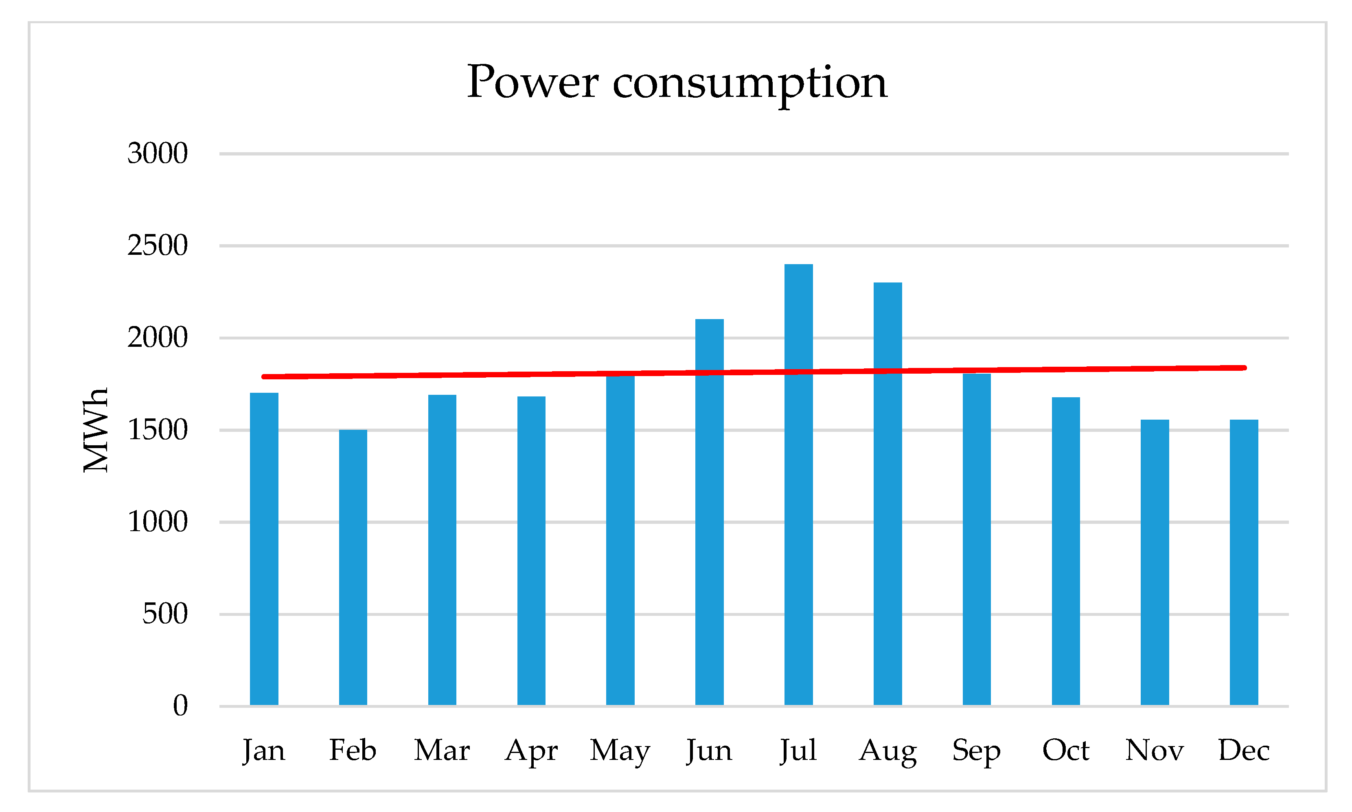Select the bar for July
coord(798,492)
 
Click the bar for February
coord(353,569)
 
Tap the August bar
coord(887,503)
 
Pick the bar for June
coord(709,520)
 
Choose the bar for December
coord(1244,564)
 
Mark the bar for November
coord(1155,564)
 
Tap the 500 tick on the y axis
coord(165,613)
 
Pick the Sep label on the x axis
coord(976,750)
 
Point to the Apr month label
coord(531,750)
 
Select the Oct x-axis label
coord(1065,750)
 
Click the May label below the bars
coord(620,750)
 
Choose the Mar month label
coord(442,750)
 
